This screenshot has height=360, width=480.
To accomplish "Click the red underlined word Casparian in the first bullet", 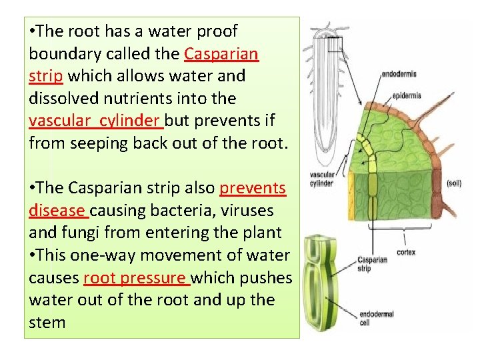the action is pyautogui.click(x=221, y=53).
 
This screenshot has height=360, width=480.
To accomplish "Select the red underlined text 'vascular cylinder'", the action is pyautogui.click(x=95, y=121).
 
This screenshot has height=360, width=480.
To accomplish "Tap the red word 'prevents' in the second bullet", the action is pyautogui.click(x=253, y=188).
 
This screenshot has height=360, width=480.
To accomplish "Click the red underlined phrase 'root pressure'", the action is pyautogui.click(x=137, y=277).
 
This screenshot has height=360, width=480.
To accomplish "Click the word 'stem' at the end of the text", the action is pyautogui.click(x=47, y=323).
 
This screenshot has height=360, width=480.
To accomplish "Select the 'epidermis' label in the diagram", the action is pyautogui.click(x=407, y=96).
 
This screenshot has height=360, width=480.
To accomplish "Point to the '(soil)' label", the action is pyautogui.click(x=454, y=183).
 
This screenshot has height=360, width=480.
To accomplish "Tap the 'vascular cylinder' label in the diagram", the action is pyautogui.click(x=322, y=179).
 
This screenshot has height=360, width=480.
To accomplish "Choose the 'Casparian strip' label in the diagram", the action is pyautogui.click(x=373, y=264).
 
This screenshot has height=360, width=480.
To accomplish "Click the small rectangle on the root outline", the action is pyautogui.click(x=334, y=45).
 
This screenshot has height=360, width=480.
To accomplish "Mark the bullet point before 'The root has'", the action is pyautogui.click(x=33, y=31).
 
